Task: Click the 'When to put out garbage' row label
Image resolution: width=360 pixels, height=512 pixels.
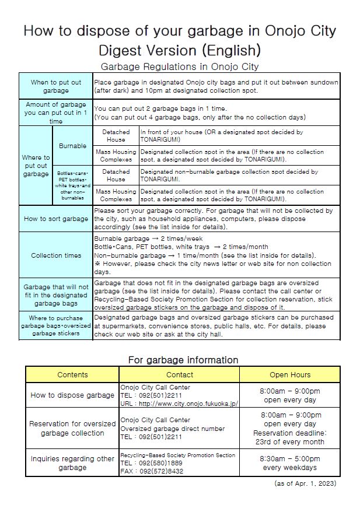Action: tap(56, 86)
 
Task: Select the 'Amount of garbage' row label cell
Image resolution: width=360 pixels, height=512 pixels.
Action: tap(56, 113)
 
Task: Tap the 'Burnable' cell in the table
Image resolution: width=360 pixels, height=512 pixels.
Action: tap(73, 146)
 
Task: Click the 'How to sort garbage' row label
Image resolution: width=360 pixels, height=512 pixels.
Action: tap(56, 219)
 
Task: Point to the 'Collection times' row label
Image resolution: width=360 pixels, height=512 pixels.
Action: tap(56, 255)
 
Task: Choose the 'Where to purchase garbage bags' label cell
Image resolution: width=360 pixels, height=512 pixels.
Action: tap(56, 325)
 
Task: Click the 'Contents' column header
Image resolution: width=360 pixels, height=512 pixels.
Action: tap(73, 374)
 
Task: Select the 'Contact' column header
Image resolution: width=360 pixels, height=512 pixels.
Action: tap(179, 374)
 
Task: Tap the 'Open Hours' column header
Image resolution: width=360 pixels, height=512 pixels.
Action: tap(289, 374)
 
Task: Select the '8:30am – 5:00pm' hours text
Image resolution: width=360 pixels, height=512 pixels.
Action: tap(289, 459)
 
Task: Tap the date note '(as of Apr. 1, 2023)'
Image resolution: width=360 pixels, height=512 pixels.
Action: tap(305, 483)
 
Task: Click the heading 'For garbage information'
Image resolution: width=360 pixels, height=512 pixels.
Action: tap(183, 360)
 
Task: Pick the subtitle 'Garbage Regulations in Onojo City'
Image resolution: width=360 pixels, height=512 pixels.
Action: tap(180, 66)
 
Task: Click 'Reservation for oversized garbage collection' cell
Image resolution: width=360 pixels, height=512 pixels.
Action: tap(73, 428)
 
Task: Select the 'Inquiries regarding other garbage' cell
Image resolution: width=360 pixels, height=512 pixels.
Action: tap(73, 463)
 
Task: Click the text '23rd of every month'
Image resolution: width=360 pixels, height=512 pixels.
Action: tap(289, 441)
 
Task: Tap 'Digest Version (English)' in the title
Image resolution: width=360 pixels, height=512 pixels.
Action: tap(180, 48)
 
